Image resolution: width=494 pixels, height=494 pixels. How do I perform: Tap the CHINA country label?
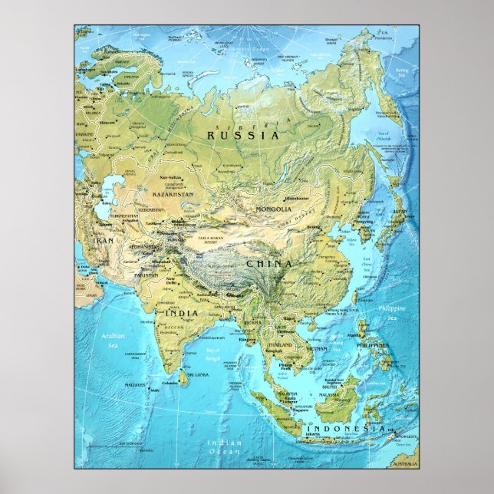pos(268,264)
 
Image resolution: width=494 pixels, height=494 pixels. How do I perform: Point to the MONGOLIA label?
pos(273,209)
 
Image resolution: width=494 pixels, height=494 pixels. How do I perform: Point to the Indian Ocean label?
pos(225,447)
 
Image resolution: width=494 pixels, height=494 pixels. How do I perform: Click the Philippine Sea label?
pos(396,312)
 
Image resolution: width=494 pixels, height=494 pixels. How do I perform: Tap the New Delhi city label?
pos(170,282)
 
